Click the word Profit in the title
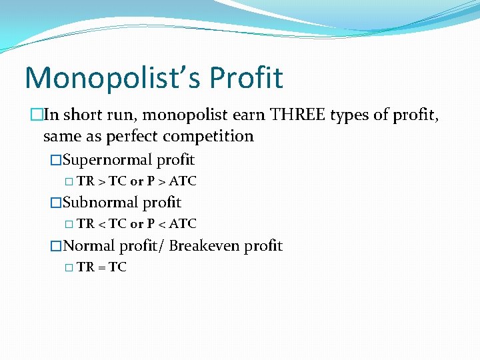point(246,77)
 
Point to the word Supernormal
point(107,160)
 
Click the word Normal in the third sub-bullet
point(89,246)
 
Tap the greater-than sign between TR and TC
point(101,181)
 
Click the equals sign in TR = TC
point(101,267)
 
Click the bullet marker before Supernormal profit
point(56,161)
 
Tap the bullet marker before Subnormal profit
point(56,203)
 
